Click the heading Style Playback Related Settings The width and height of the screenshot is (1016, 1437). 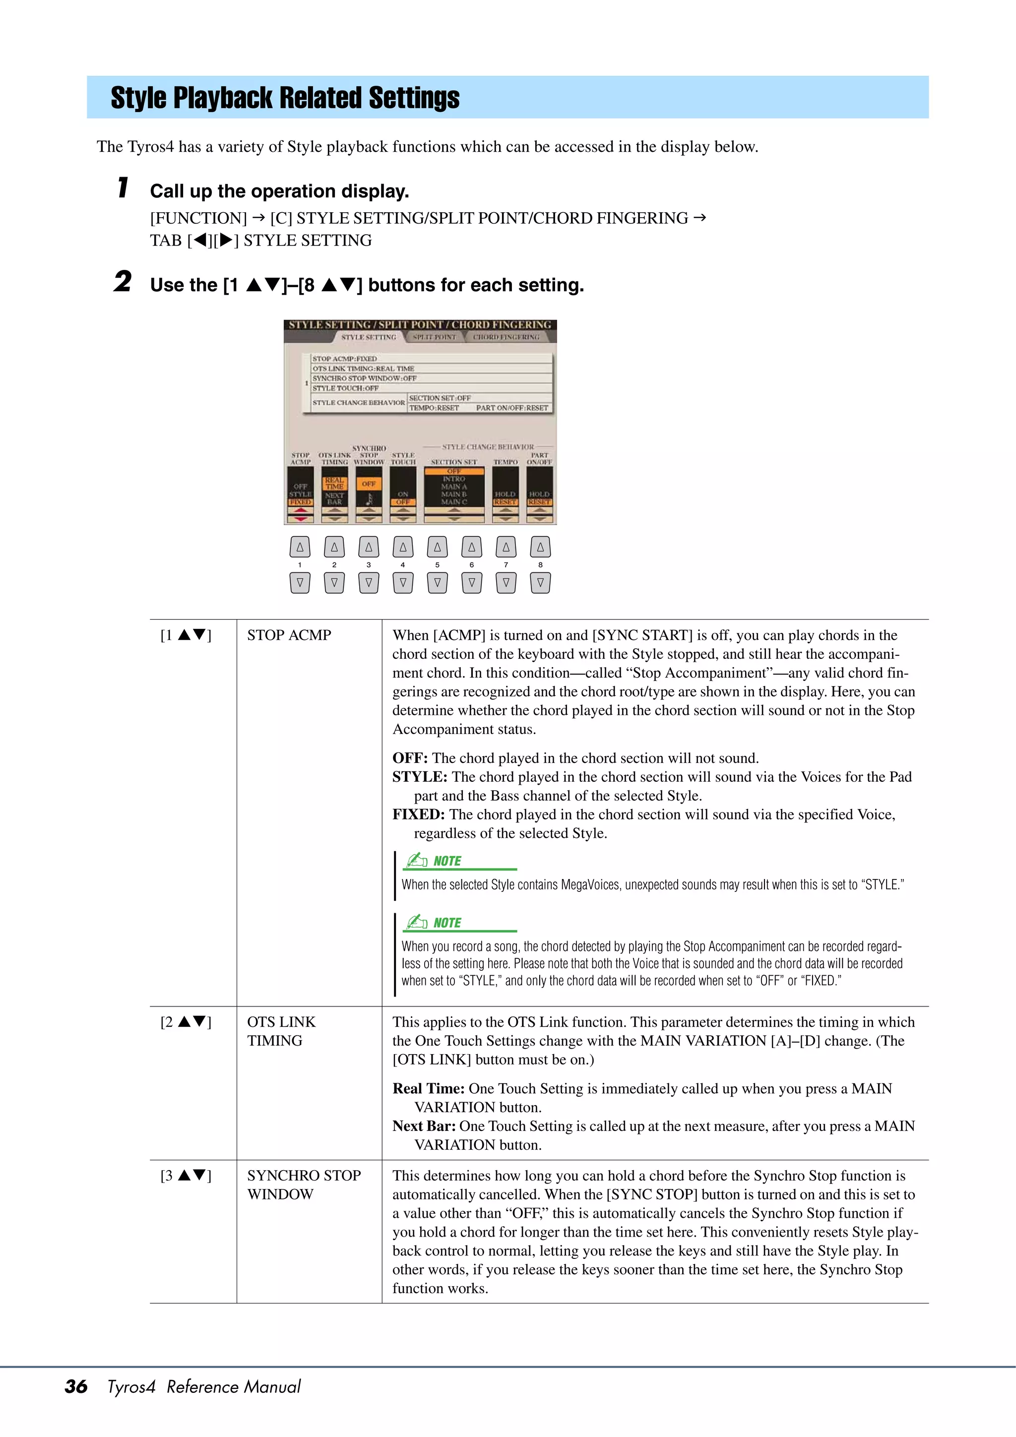click(x=285, y=98)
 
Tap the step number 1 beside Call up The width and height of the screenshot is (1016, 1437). click(x=124, y=188)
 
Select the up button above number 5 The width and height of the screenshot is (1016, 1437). click(x=437, y=547)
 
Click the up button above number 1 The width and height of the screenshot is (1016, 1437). click(x=300, y=547)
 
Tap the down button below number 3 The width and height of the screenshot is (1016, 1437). click(x=369, y=583)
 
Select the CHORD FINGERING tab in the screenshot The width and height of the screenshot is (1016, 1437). click(x=506, y=337)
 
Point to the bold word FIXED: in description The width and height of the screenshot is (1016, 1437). click(x=419, y=814)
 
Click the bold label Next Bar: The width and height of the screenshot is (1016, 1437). click(x=424, y=1126)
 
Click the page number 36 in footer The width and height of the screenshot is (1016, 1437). click(x=76, y=1386)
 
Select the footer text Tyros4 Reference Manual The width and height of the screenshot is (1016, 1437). click(x=203, y=1386)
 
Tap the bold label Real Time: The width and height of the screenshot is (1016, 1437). click(x=428, y=1088)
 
